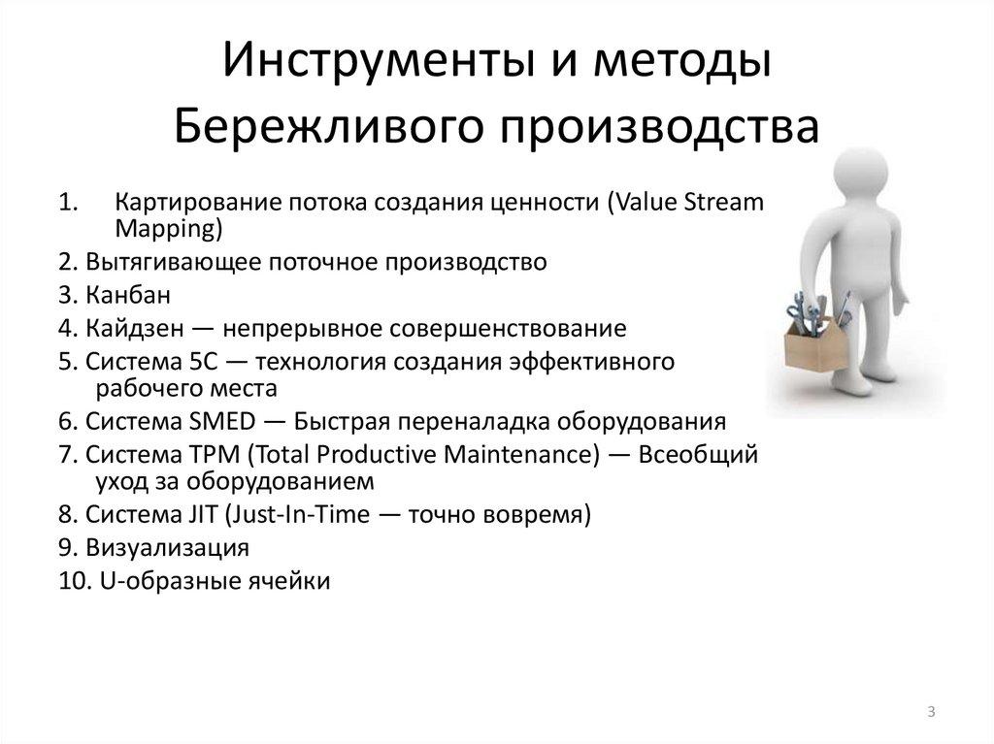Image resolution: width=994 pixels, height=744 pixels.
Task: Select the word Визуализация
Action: point(167,547)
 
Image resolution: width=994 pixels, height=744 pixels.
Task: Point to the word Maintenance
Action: point(514,454)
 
